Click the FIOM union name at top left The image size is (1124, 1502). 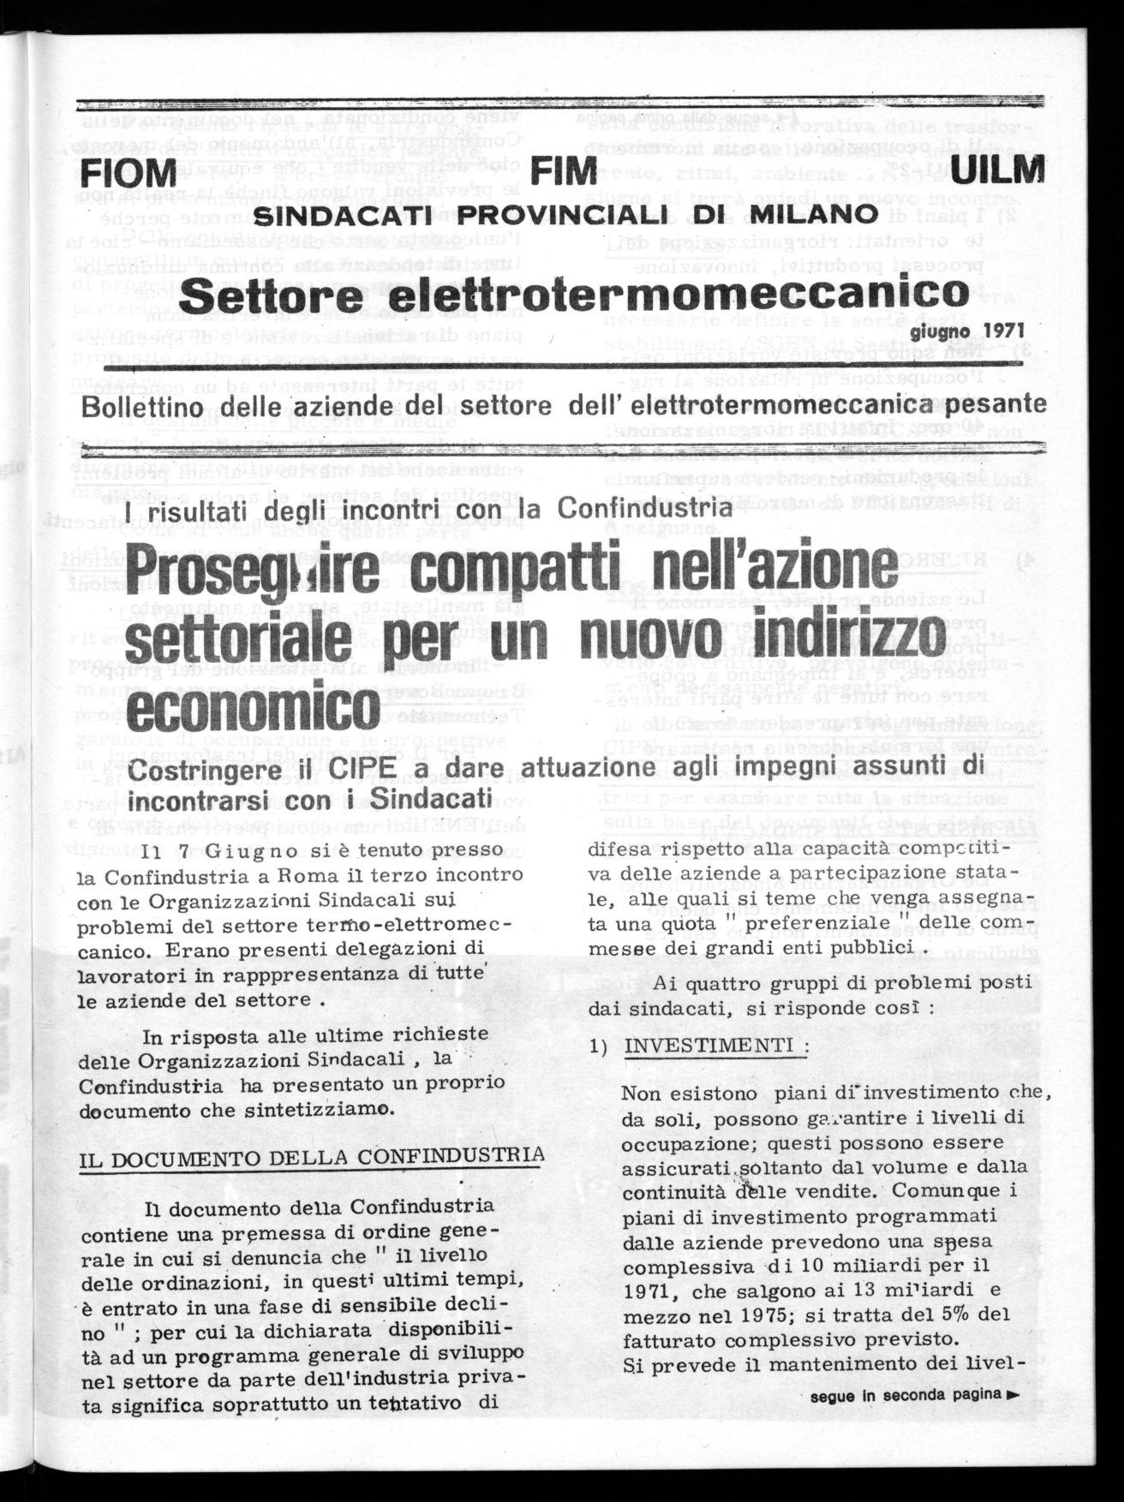coord(126,175)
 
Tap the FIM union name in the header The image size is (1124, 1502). coord(563,171)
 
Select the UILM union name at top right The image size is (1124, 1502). coord(997,171)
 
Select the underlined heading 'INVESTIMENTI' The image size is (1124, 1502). coord(715,1046)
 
